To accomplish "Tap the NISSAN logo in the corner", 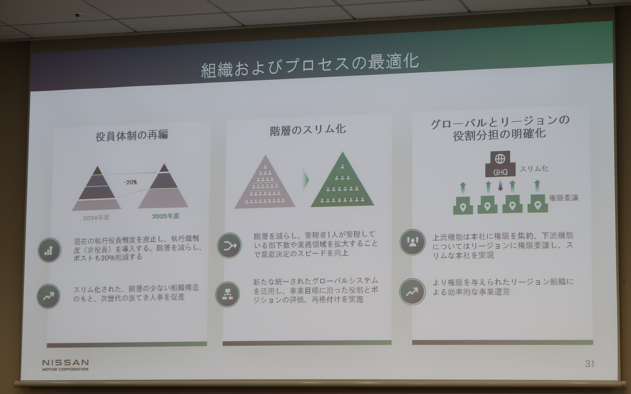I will (x=65, y=364).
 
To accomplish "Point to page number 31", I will (x=589, y=363).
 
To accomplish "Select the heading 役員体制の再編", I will (x=132, y=135).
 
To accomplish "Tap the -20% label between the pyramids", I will (x=130, y=182).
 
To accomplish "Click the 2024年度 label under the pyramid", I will (x=96, y=218).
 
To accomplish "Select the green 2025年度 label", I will (x=166, y=216).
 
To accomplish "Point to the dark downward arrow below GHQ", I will (x=500, y=186).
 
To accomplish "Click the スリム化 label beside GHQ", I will (x=534, y=169).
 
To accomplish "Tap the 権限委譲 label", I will (x=563, y=198).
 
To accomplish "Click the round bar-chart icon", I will (x=49, y=250).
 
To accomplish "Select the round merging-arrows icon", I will (x=229, y=245).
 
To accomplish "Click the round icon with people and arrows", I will (x=412, y=242).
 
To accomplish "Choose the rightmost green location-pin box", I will (x=538, y=204).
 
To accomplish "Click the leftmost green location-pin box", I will (x=463, y=206).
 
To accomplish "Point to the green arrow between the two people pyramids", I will (x=306, y=180).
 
